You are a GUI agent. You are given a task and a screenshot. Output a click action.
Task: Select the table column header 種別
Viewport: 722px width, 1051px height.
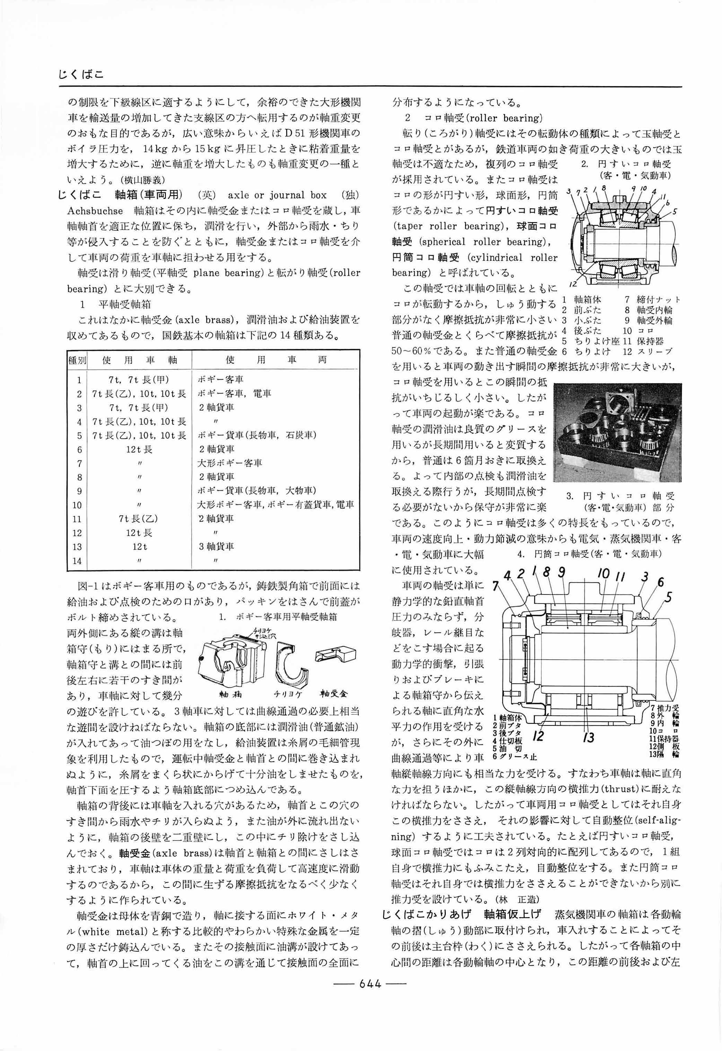coord(77,360)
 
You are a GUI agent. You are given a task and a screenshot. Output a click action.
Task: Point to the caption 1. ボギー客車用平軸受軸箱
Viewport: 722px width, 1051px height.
coord(278,617)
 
